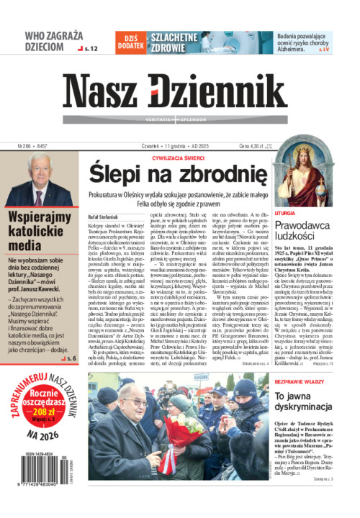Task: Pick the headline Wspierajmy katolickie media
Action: (43, 230)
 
